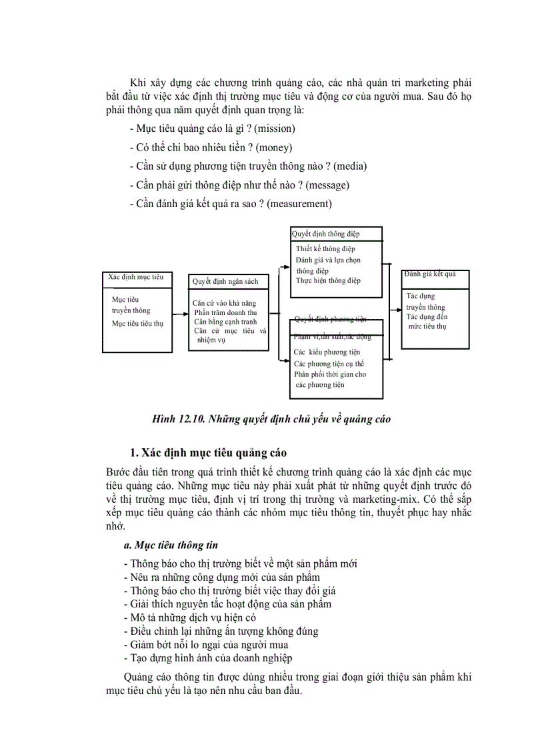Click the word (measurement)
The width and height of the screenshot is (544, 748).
[299, 204]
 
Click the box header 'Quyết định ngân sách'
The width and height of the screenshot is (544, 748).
[225, 282]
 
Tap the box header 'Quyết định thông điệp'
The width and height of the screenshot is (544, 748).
[326, 234]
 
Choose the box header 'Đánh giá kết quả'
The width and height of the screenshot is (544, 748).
[431, 274]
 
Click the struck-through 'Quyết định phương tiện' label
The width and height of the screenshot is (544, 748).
[331, 319]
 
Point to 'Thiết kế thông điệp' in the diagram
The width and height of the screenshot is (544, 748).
[325, 249]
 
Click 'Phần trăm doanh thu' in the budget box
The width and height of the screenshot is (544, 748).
[225, 312]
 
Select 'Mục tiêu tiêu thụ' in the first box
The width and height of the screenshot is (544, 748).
[137, 324]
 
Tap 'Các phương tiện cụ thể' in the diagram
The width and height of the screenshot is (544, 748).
[329, 364]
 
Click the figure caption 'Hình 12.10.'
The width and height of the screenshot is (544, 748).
[178, 419]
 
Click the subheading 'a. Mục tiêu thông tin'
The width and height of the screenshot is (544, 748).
[171, 545]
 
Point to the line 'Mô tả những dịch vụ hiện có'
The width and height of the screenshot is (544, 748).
[189, 617]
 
